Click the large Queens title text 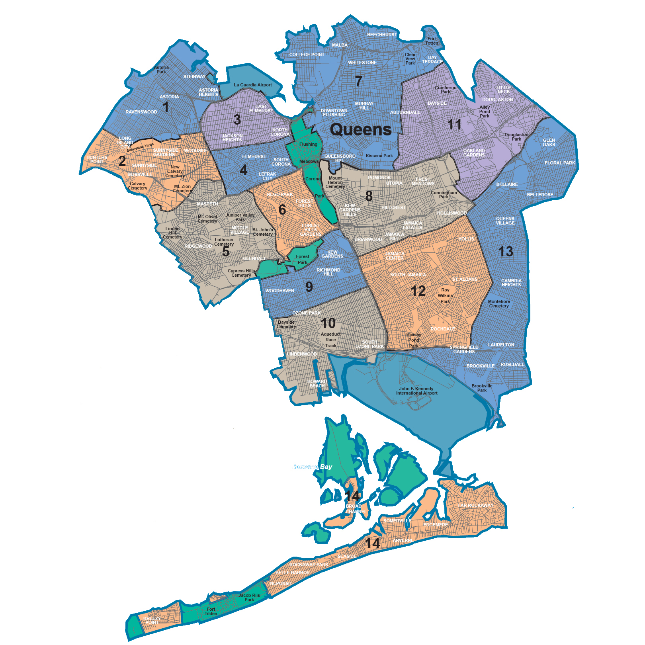(x=361, y=130)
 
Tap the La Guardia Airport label (x=253, y=85)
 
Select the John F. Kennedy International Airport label (x=416, y=391)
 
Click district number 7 (x=358, y=82)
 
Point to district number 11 (x=454, y=125)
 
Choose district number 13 (x=506, y=252)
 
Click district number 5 (x=226, y=252)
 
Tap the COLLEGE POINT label (x=307, y=55)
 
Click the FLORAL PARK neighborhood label (x=560, y=163)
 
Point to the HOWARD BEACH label (x=317, y=384)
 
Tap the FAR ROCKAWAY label (x=475, y=505)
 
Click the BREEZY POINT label (x=152, y=620)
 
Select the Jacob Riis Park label (x=249, y=598)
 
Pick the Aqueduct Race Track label (x=330, y=340)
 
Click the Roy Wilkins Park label (x=445, y=296)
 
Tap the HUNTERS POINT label (x=97, y=160)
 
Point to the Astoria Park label (x=161, y=70)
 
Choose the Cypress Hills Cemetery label (x=241, y=273)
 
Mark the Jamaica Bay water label (x=313, y=467)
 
